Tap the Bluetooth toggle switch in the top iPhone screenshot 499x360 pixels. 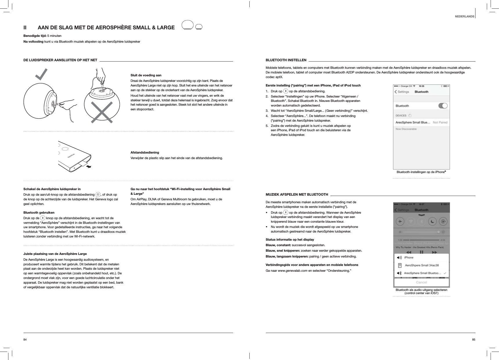pyautogui.click(x=442, y=106)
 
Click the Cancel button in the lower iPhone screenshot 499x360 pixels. pyautogui.click(x=421, y=282)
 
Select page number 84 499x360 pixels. pyautogui.click(x=25, y=339)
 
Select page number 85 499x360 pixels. pyautogui.click(x=473, y=339)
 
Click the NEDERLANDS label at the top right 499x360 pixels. pyautogui.click(x=464, y=16)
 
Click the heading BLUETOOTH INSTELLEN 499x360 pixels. pyautogui.click(x=286, y=60)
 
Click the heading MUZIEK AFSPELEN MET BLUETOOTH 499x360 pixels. pyautogui.click(x=297, y=194)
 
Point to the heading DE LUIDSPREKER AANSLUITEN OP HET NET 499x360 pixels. pyautogui.click(x=60, y=60)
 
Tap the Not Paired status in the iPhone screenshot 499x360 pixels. pyautogui.click(x=440, y=123)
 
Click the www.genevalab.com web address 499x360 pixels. pyautogui.click(x=293, y=271)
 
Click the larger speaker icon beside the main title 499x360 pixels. pyautogui.click(x=187, y=25)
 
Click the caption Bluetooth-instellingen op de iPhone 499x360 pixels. pyautogui.click(x=421, y=172)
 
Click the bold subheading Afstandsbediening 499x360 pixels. pyautogui.click(x=145, y=152)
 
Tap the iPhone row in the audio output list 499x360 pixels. pyautogui.click(x=408, y=258)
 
